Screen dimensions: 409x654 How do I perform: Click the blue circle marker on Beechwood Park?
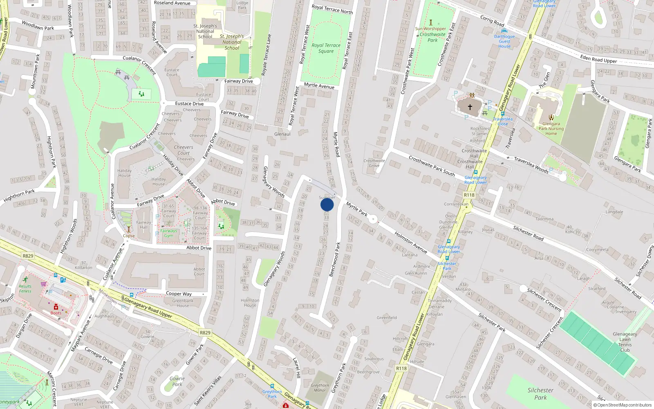tap(327, 204)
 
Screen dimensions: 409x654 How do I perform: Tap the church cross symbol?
tap(470, 107)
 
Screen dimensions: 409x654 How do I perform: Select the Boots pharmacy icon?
tap(56, 307)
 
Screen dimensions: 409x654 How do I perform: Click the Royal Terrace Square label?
tap(326, 48)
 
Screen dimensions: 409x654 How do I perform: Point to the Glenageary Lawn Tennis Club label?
tap(625, 342)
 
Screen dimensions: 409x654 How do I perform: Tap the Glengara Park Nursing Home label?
tap(551, 128)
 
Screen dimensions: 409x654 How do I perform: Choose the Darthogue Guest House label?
tap(504, 41)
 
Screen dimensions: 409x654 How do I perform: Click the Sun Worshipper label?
tap(430, 29)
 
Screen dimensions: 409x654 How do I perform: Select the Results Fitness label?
tap(25, 289)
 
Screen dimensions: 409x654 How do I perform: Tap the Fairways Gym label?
tap(168, 233)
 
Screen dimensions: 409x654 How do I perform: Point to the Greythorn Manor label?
tap(320, 388)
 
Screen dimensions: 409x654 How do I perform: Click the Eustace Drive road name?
tap(189, 103)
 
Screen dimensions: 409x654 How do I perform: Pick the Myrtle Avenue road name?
tap(319, 86)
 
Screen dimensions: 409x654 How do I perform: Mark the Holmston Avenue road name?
tap(410, 242)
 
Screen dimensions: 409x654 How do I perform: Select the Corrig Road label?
tap(492, 21)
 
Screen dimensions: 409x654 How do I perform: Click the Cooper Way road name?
tap(179, 294)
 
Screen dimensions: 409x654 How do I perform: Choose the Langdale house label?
tap(614, 212)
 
